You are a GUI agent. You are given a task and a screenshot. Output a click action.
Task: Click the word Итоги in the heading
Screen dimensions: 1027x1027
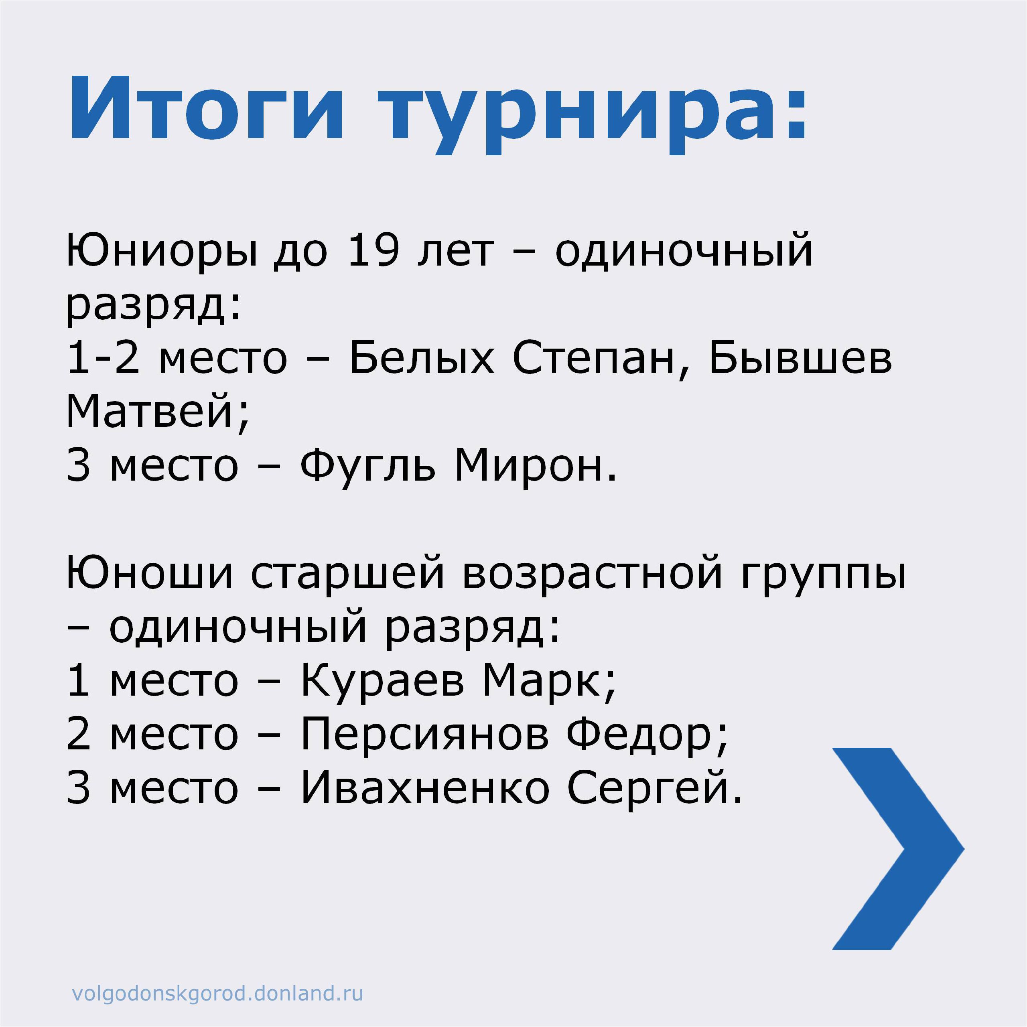click(206, 109)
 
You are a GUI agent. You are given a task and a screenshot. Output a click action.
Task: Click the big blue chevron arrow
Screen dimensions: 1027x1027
click(898, 848)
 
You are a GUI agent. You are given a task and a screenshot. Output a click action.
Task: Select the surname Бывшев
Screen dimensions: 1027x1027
click(800, 358)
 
